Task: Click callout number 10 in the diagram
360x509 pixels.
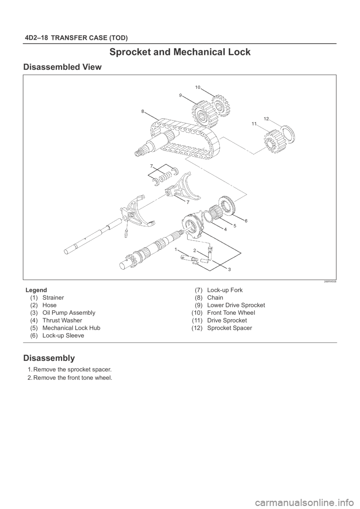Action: coord(198,87)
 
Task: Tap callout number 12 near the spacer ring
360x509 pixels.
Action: coord(266,118)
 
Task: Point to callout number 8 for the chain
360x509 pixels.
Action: coord(142,111)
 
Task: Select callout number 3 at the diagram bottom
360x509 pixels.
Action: coord(229,269)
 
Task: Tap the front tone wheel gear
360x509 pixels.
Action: coord(220,106)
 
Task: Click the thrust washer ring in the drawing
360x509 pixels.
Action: coord(207,217)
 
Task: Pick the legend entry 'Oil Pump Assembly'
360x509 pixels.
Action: coord(69,313)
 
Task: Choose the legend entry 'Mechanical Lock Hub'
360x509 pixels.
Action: coord(71,328)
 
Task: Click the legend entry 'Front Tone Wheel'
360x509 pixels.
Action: coord(231,313)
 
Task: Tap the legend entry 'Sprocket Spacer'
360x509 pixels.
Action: coord(229,328)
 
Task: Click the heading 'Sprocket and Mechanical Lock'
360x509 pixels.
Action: coord(180,52)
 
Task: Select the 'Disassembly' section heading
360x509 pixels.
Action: coord(49,358)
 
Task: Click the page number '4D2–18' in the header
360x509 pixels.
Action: coord(36,38)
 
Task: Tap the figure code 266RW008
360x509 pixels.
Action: coord(330,281)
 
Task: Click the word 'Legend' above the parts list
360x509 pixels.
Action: coord(36,290)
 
